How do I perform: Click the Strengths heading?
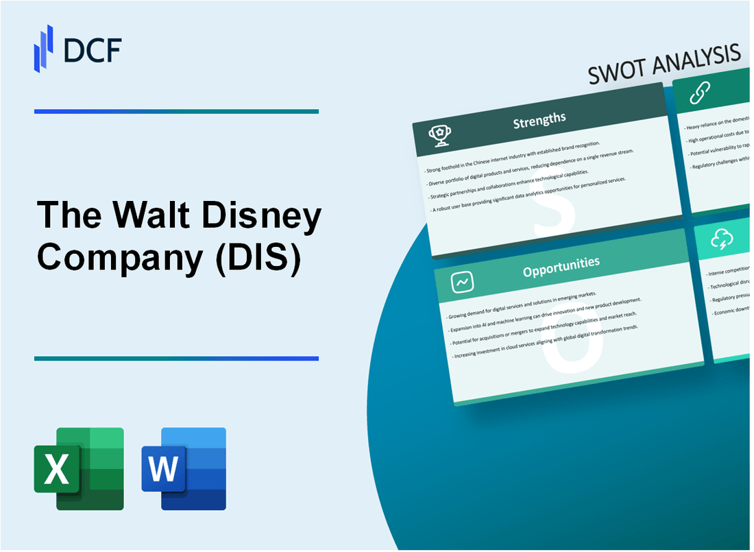tap(540, 119)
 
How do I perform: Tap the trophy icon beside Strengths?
tap(439, 136)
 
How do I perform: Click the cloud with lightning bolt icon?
tap(722, 239)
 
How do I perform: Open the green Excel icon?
tap(79, 468)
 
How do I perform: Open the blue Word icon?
tap(184, 468)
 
